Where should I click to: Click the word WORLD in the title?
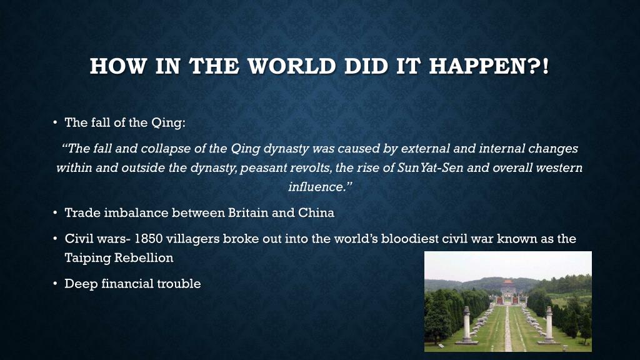[x=291, y=66]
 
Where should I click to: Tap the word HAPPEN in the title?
[x=478, y=66]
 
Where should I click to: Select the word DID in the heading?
[x=366, y=66]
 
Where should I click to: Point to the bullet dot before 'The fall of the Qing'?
[x=55, y=122]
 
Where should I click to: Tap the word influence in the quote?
[x=317, y=187]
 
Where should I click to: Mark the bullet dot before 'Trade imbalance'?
[x=55, y=212]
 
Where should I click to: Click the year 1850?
[x=149, y=239]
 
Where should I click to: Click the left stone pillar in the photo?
[x=466, y=324]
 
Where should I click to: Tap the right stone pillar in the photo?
[x=549, y=324]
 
